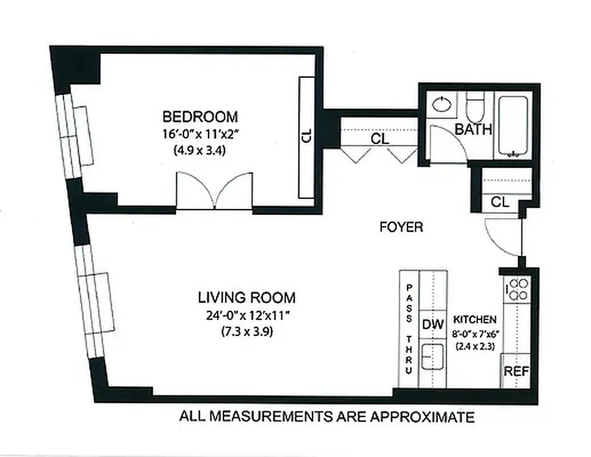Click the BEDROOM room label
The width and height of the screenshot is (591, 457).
[199, 117]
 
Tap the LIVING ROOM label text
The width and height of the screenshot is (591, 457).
[246, 298]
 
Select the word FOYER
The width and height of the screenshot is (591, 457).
[401, 227]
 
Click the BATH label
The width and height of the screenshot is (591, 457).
[473, 129]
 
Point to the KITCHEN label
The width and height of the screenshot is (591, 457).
[474, 319]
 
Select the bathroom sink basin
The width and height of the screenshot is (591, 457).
[442, 105]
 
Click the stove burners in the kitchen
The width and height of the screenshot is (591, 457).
[518, 289]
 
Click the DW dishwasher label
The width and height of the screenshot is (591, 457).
[433, 324]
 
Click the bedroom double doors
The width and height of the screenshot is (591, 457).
[214, 192]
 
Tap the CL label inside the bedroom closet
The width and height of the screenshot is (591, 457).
[306, 136]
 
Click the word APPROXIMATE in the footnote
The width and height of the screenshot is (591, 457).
[422, 417]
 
